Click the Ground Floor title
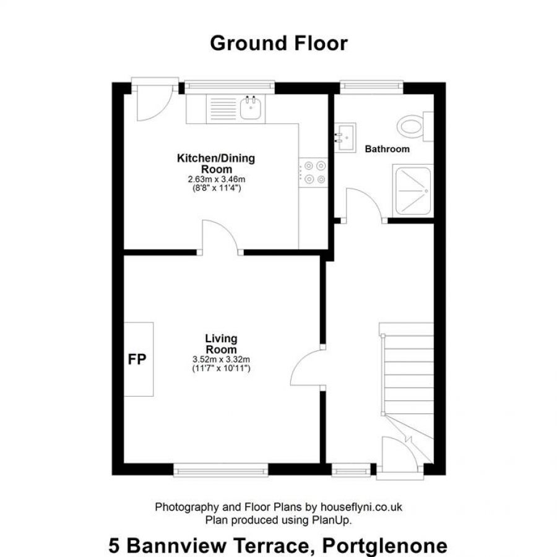pyautogui.click(x=278, y=43)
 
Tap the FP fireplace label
pyautogui.click(x=137, y=360)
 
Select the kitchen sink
pyautogui.click(x=251, y=108)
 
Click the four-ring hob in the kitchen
pyautogui.click(x=314, y=173)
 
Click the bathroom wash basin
pyautogui.click(x=345, y=135)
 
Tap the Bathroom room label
pyautogui.click(x=387, y=149)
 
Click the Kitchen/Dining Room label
pyautogui.click(x=215, y=164)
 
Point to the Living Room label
pyautogui.click(x=221, y=343)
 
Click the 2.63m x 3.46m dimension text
pyautogui.click(x=215, y=179)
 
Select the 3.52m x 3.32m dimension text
pyautogui.click(x=221, y=359)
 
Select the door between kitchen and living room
pyautogui.click(x=221, y=237)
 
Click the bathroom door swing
pyautogui.click(x=364, y=205)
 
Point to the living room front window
pyautogui.click(x=221, y=472)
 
